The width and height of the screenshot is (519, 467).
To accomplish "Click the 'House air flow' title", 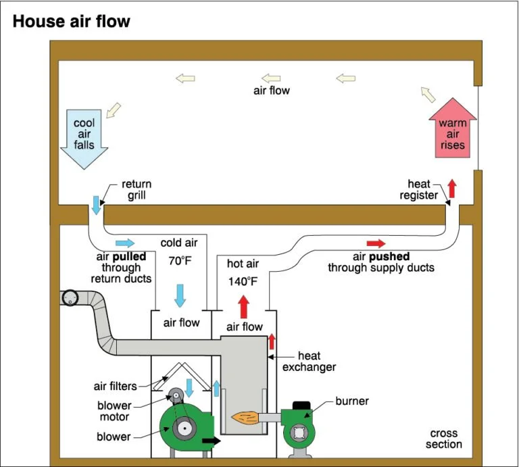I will [71, 22].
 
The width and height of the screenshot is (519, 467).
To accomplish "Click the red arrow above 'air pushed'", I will [376, 243].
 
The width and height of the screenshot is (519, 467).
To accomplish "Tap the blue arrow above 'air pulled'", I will [125, 243].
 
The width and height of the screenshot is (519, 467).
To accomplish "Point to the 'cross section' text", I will [444, 439].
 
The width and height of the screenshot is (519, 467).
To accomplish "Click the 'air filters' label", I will [116, 387].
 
